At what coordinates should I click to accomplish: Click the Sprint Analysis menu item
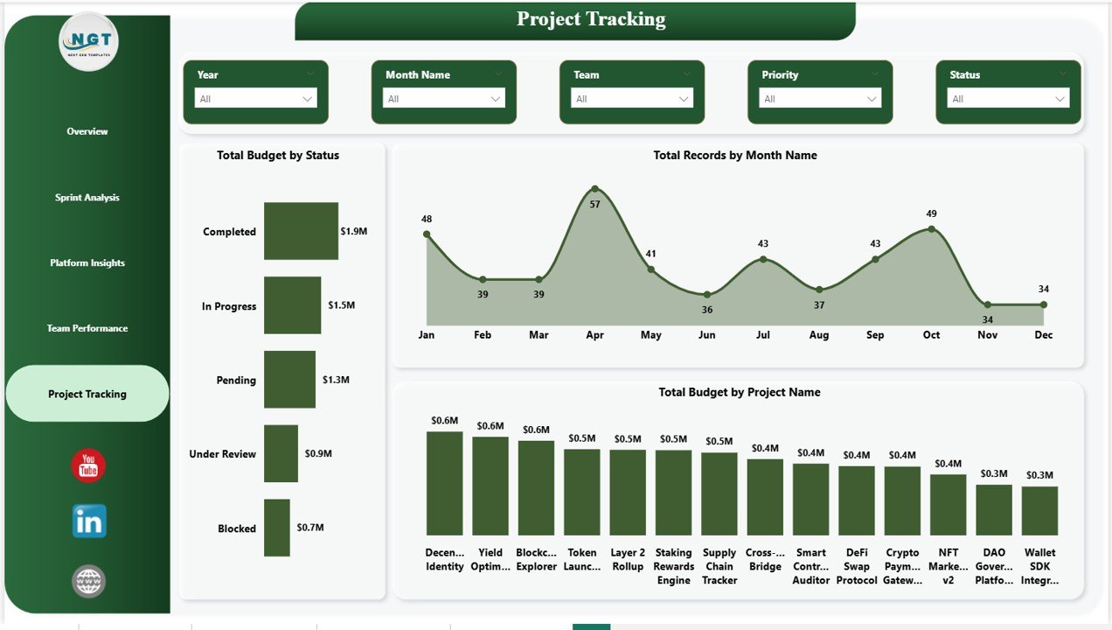point(87,198)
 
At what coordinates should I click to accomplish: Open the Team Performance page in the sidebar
point(87,328)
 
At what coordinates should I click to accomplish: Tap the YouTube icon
point(88,466)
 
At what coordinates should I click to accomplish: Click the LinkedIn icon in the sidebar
point(89,521)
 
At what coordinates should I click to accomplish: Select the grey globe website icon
point(88,581)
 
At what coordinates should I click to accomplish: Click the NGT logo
point(88,41)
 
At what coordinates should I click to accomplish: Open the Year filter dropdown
point(255,99)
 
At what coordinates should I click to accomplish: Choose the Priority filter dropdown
point(820,99)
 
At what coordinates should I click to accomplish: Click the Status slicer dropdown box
point(1008,99)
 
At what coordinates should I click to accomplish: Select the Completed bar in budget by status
point(301,231)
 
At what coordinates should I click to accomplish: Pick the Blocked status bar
point(276,528)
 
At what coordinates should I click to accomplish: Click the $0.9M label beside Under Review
point(317,453)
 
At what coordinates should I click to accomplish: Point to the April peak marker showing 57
point(595,189)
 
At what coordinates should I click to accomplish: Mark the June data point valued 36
point(707,295)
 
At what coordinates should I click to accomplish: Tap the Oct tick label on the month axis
point(931,335)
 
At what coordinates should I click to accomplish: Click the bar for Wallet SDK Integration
point(1039,510)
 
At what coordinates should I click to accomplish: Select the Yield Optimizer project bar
point(490,486)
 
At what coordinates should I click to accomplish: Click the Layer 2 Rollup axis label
point(628,559)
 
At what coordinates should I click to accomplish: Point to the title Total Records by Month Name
point(735,155)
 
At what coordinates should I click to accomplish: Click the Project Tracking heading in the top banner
point(591,19)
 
